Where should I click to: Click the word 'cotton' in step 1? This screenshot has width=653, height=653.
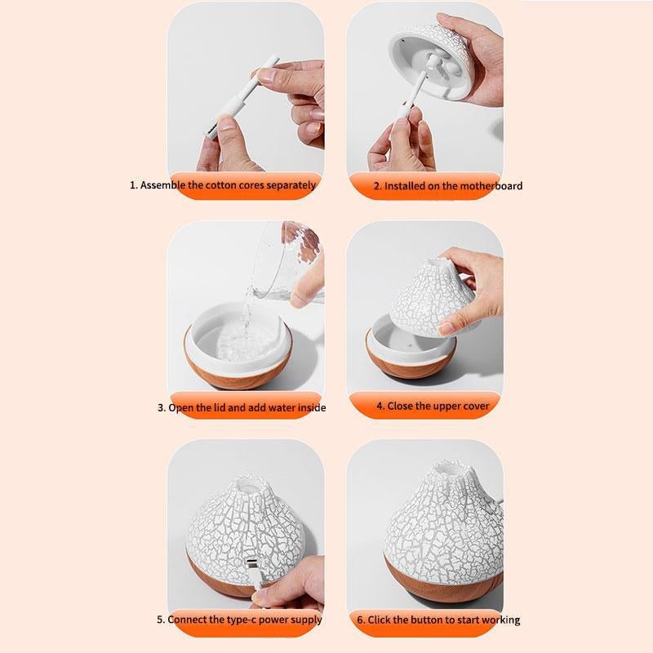coord(220,185)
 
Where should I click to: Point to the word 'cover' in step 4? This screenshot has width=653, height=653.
coord(476,406)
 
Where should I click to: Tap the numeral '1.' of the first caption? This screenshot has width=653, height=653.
coord(134,185)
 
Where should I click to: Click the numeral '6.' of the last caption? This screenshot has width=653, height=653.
coord(361,620)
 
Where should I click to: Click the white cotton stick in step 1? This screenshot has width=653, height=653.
coord(241,96)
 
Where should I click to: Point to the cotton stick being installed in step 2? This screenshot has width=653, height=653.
coord(410,96)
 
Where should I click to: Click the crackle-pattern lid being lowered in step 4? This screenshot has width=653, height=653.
coord(433,297)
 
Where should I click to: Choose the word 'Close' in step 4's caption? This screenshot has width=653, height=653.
coord(398,406)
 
